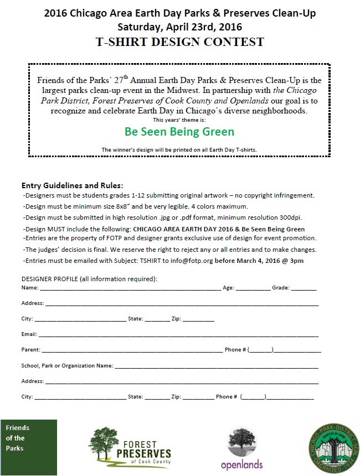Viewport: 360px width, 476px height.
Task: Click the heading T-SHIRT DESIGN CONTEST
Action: coord(180,42)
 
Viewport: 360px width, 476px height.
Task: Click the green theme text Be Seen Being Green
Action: coord(179,132)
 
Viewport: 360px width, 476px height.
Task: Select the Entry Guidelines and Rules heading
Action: coord(72,185)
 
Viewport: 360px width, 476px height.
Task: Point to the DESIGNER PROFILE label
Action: coord(89,278)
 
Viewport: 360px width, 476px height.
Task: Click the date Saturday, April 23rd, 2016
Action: coord(180,27)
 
